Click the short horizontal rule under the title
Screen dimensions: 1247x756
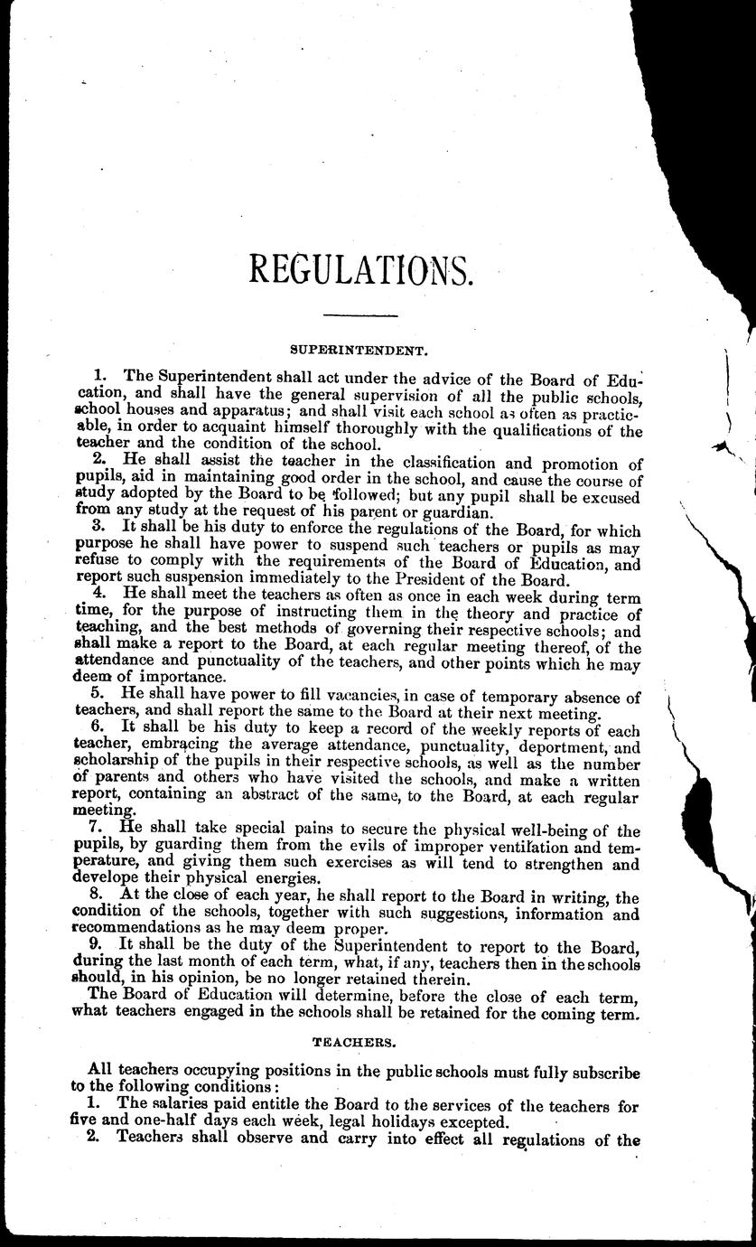359,314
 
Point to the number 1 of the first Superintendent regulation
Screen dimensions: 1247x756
99,373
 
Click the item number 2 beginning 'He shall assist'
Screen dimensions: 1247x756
99,460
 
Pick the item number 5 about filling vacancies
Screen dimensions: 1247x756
99,696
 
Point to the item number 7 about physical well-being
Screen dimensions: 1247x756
99,830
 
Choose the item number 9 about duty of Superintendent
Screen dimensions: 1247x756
99,946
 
